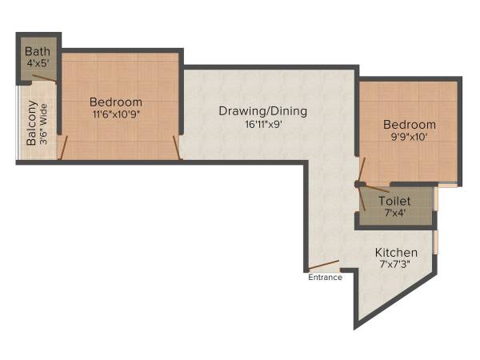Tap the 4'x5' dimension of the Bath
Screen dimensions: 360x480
click(36, 62)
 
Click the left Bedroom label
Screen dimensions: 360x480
click(116, 102)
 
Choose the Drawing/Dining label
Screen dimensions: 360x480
click(262, 111)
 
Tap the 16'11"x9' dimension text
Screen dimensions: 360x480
click(262, 124)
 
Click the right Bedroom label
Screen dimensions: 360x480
click(409, 125)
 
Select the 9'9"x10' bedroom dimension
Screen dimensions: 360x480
click(409, 137)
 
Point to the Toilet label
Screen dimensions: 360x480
click(400, 201)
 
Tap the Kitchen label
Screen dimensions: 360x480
click(397, 253)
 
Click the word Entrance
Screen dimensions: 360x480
click(325, 278)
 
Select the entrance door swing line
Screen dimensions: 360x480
click(324, 265)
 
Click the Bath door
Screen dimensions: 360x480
click(45, 79)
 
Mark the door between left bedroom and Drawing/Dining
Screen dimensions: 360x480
click(177, 146)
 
